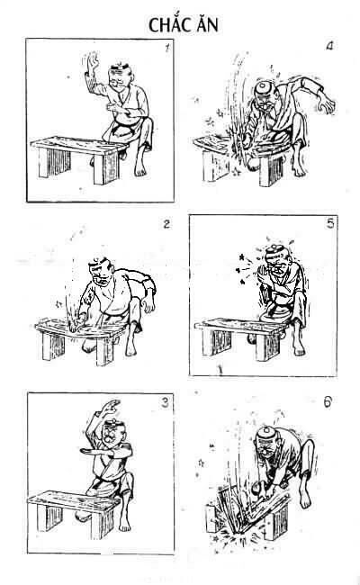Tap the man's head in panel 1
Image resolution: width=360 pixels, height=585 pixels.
(x=115, y=78)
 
